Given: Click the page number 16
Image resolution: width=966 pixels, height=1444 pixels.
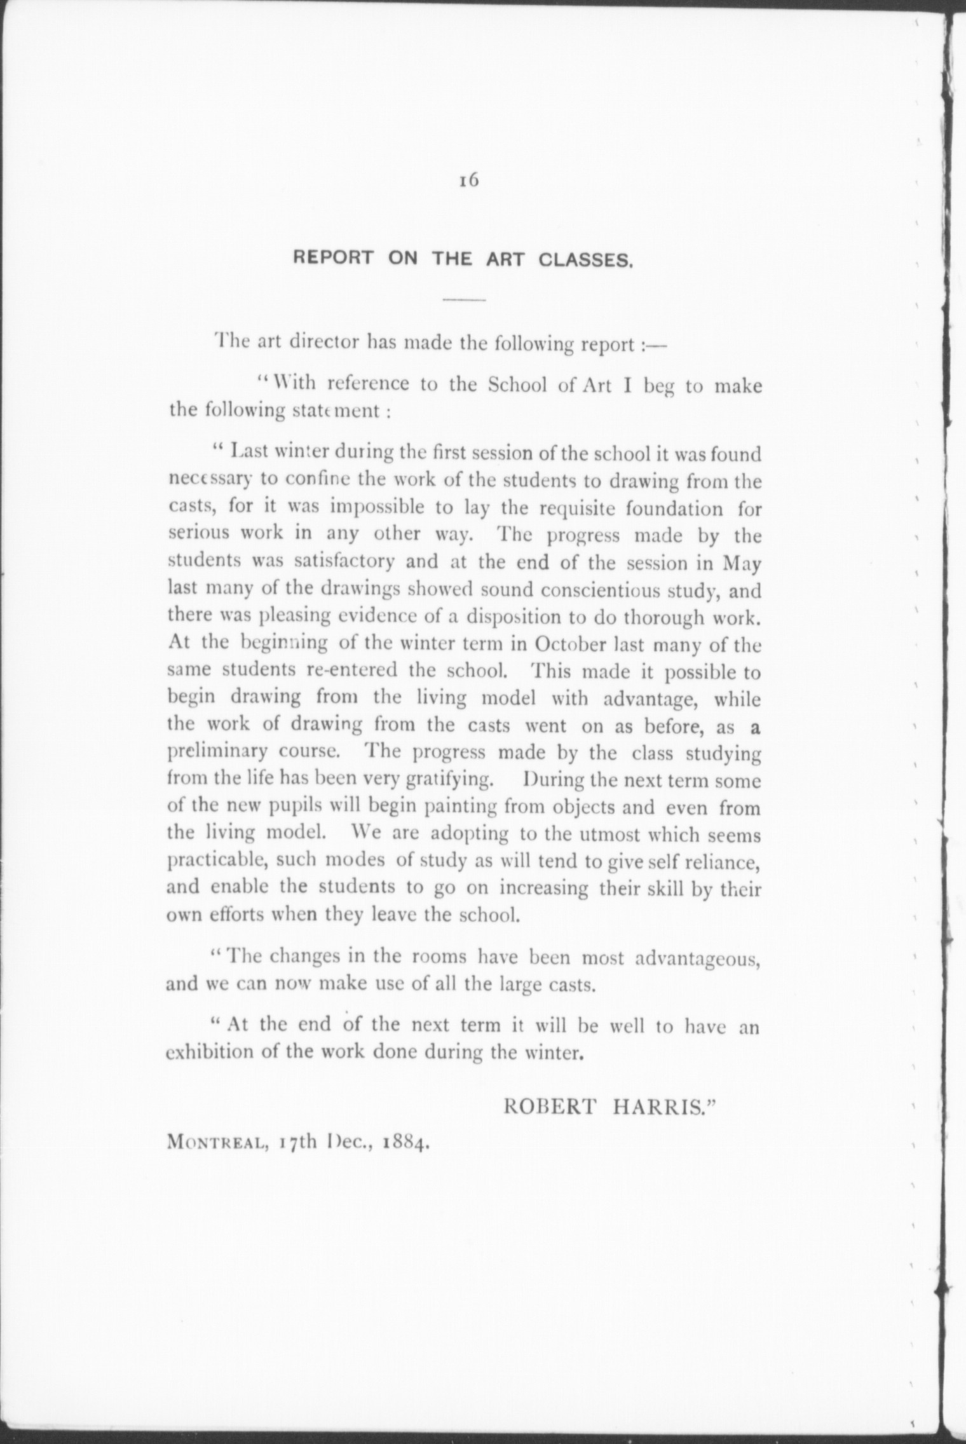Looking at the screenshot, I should click(x=468, y=180).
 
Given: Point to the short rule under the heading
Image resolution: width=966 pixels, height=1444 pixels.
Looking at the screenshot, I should click(x=463, y=299).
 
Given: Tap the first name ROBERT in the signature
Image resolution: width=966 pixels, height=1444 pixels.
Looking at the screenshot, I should click(x=550, y=1107).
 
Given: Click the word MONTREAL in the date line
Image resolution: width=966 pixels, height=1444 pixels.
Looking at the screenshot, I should click(x=212, y=1143).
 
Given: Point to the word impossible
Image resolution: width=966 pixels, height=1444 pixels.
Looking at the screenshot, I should click(x=366, y=509).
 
